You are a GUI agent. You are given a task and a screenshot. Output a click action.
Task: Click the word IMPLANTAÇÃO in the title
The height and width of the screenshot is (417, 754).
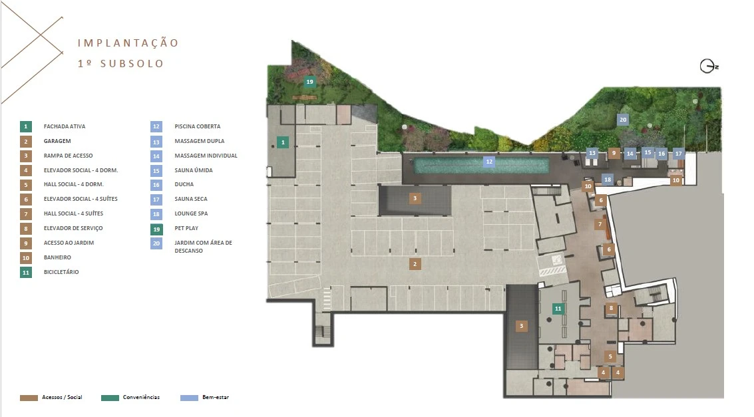(x=128, y=43)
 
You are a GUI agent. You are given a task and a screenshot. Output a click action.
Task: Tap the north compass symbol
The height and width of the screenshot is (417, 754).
(x=708, y=67)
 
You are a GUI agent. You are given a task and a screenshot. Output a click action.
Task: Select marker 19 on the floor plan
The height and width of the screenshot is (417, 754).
(x=309, y=82)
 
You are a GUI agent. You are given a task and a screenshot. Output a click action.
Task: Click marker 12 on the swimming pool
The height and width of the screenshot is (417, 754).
(x=489, y=162)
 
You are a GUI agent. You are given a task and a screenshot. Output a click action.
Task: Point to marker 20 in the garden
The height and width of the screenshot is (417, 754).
(x=623, y=120)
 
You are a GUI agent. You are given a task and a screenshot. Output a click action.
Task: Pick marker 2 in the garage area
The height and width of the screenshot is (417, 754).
(x=415, y=264)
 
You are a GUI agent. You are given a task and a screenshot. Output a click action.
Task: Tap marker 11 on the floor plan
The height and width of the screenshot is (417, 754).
(x=558, y=309)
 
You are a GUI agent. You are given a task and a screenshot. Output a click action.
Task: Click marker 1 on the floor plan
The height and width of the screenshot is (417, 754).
(x=283, y=142)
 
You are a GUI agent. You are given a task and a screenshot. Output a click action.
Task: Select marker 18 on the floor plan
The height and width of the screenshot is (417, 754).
(x=608, y=180)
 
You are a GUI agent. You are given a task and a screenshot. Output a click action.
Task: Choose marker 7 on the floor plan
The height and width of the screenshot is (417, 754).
(x=600, y=224)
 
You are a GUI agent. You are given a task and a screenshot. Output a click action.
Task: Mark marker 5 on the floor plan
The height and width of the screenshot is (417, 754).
(x=610, y=356)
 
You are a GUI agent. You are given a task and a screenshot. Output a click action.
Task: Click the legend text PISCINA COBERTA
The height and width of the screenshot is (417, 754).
(x=198, y=126)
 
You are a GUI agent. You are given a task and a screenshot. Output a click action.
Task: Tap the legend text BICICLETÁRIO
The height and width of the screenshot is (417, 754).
(x=61, y=272)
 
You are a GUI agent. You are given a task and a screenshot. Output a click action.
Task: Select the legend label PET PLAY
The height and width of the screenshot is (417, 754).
(x=186, y=228)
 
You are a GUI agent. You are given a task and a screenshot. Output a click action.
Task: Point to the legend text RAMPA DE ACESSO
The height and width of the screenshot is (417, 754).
(x=69, y=156)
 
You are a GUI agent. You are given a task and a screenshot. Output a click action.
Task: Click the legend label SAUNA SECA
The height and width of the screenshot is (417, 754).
(x=191, y=199)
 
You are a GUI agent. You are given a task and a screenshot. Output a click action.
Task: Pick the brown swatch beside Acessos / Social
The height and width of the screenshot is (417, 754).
(x=29, y=398)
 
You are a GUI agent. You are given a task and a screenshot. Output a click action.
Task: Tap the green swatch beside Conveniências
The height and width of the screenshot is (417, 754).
(x=110, y=398)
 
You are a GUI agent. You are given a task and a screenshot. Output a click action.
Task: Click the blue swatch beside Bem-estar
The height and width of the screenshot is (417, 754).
(x=190, y=398)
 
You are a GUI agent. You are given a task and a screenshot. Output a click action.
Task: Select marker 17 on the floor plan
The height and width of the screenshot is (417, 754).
(x=679, y=154)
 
